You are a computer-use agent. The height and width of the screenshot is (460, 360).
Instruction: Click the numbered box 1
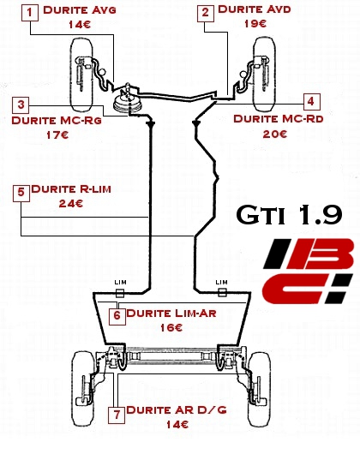point(30,13)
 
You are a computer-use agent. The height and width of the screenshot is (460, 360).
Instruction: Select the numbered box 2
point(206,13)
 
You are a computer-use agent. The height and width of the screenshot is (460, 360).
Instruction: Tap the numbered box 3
point(21,105)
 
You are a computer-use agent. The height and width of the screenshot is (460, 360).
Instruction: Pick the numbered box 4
point(311,101)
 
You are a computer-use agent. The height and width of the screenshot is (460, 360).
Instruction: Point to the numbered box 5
point(21,193)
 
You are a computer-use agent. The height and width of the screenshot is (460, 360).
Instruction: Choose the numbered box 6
point(117,316)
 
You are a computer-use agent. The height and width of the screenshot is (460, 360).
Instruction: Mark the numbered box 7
point(117,415)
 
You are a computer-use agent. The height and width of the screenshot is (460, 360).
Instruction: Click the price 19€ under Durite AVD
point(255,23)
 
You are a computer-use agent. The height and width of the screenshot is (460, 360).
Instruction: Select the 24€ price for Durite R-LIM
point(71,204)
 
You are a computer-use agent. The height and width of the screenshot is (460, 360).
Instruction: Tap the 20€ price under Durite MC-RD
point(275,134)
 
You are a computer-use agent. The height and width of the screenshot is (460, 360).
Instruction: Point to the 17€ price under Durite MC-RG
point(57,135)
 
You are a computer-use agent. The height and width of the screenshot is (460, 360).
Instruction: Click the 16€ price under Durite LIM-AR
point(171,328)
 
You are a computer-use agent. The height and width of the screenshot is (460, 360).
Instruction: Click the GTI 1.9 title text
point(289,215)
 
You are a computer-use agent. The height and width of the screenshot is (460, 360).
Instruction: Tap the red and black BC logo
point(309,271)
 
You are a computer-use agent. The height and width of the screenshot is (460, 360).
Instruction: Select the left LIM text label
point(120,282)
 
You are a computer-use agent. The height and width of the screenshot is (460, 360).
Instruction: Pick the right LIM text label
point(221,282)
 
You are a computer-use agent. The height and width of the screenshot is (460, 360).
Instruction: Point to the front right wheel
point(264,74)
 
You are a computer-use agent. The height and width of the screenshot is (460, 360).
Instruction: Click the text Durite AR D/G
point(177,409)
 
